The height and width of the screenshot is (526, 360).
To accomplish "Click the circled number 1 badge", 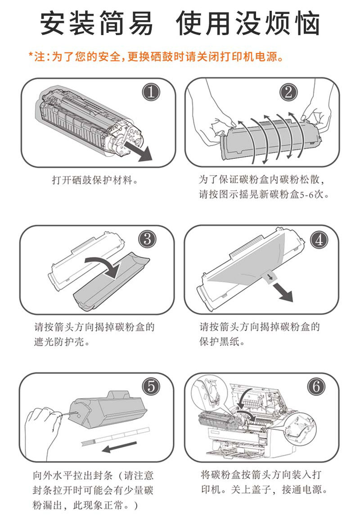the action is tap(151, 92).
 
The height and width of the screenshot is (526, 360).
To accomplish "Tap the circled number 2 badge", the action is tap(288, 92).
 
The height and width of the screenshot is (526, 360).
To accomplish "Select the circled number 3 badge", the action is tap(148, 239).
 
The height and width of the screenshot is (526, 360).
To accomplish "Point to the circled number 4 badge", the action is tap(319, 240).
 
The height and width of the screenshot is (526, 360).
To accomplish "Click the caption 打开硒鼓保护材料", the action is tap(95, 180).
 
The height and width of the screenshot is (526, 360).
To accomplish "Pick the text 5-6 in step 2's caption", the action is tap(306, 194).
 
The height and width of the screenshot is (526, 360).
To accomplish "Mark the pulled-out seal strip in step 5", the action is tap(115, 436).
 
